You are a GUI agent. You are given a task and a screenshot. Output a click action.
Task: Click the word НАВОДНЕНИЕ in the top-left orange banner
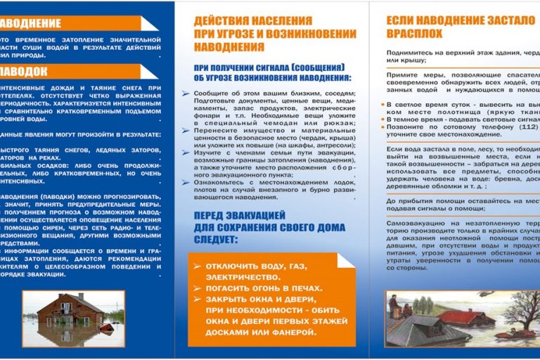pyautogui.click(x=32, y=23)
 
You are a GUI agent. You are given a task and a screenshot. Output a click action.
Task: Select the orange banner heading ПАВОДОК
pyautogui.click(x=25, y=71)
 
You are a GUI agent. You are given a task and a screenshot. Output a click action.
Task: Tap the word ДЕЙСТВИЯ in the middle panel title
pyautogui.click(x=224, y=21)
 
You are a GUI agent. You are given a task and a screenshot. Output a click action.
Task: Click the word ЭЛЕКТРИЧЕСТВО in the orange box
pyautogui.click(x=239, y=277)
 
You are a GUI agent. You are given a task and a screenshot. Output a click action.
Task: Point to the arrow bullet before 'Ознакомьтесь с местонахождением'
pyautogui.click(x=185, y=181)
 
